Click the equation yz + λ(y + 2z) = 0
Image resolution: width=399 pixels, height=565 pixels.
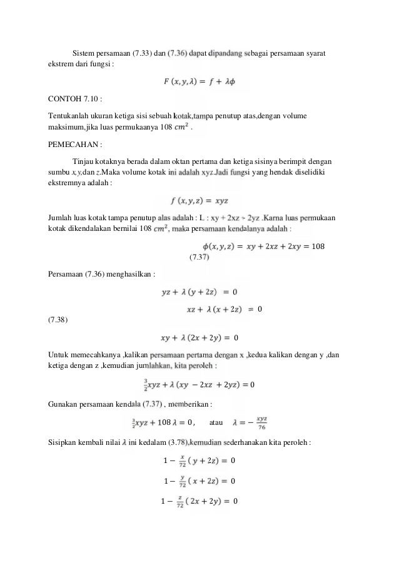point(199,292)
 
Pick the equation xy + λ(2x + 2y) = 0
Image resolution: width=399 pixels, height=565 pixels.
point(199,338)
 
